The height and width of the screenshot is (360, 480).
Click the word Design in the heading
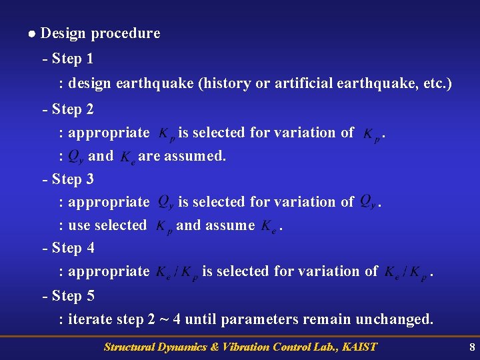click(x=63, y=33)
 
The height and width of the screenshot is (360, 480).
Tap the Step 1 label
click(x=71, y=59)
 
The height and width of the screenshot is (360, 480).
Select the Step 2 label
click(x=71, y=109)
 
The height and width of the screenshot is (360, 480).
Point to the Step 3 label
click(x=71, y=179)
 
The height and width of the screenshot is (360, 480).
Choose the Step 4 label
click(x=71, y=248)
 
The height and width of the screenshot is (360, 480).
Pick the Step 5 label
click(x=71, y=295)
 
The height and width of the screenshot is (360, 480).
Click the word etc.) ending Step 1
click(x=437, y=83)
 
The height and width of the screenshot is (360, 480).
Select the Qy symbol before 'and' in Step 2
click(x=76, y=157)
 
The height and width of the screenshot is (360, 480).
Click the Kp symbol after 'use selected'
click(x=164, y=227)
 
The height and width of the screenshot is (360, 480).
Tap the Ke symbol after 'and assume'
click(x=269, y=227)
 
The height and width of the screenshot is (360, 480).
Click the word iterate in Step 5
click(x=91, y=319)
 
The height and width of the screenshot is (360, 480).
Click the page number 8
click(x=472, y=347)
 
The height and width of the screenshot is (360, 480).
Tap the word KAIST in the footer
click(x=358, y=347)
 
